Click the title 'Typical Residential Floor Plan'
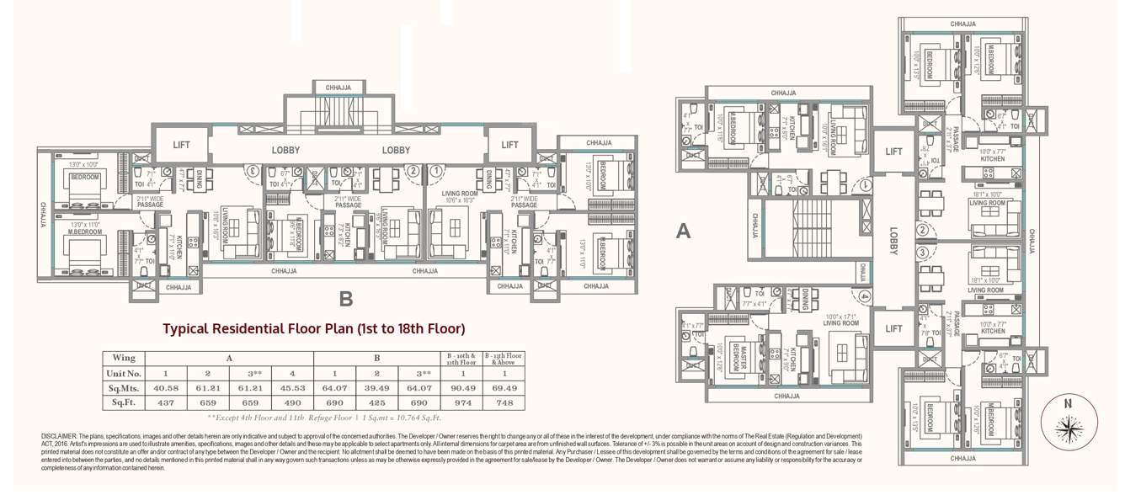point(313,328)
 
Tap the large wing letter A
point(683,231)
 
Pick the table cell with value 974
point(461,403)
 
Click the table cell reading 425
point(378,403)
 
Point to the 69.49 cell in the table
point(504,388)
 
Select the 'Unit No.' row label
point(124,373)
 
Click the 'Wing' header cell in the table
point(124,357)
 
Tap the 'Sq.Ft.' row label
point(124,403)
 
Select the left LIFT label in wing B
point(181,145)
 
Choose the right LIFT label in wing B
point(509,145)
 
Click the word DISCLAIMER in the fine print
point(59,436)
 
